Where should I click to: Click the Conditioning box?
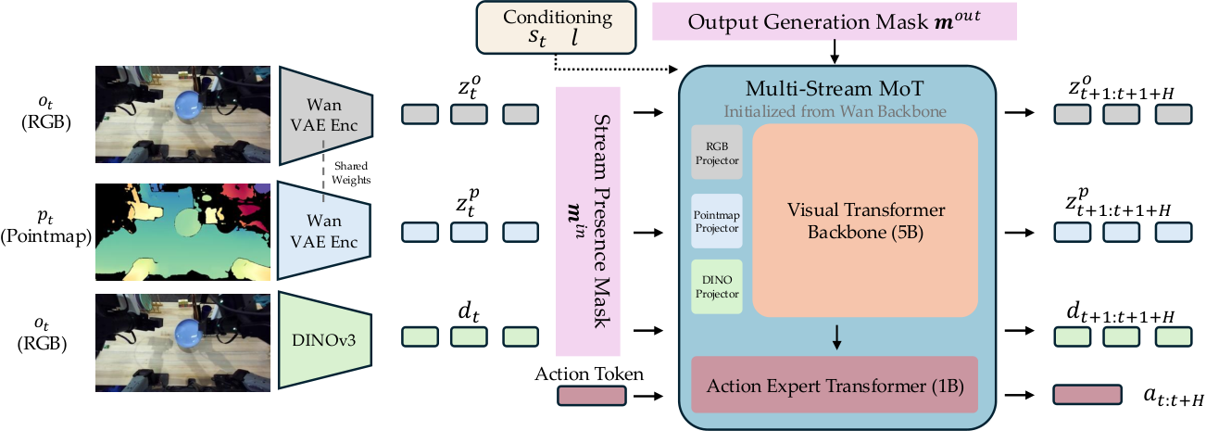(x=556, y=28)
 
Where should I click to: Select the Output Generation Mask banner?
(x=835, y=21)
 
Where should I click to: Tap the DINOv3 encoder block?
(x=325, y=340)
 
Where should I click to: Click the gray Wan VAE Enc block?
(x=326, y=115)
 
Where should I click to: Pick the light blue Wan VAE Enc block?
(x=324, y=231)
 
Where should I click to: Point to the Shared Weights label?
(x=351, y=173)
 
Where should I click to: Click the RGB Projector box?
(x=717, y=153)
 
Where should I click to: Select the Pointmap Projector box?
(x=717, y=221)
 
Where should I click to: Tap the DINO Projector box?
(x=717, y=286)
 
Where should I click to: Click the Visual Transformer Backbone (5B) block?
(x=865, y=221)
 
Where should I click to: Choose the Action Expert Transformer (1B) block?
(x=835, y=385)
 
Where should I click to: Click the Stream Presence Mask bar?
(x=588, y=222)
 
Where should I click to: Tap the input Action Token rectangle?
(x=591, y=396)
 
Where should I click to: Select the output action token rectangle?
(x=1087, y=395)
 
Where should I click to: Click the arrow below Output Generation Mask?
(x=834, y=52)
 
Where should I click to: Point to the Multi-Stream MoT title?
(x=834, y=88)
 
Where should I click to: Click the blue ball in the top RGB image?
(x=189, y=106)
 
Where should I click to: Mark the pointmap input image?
(x=183, y=233)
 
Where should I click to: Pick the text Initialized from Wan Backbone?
(x=835, y=111)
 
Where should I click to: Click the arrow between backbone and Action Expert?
(x=836, y=337)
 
